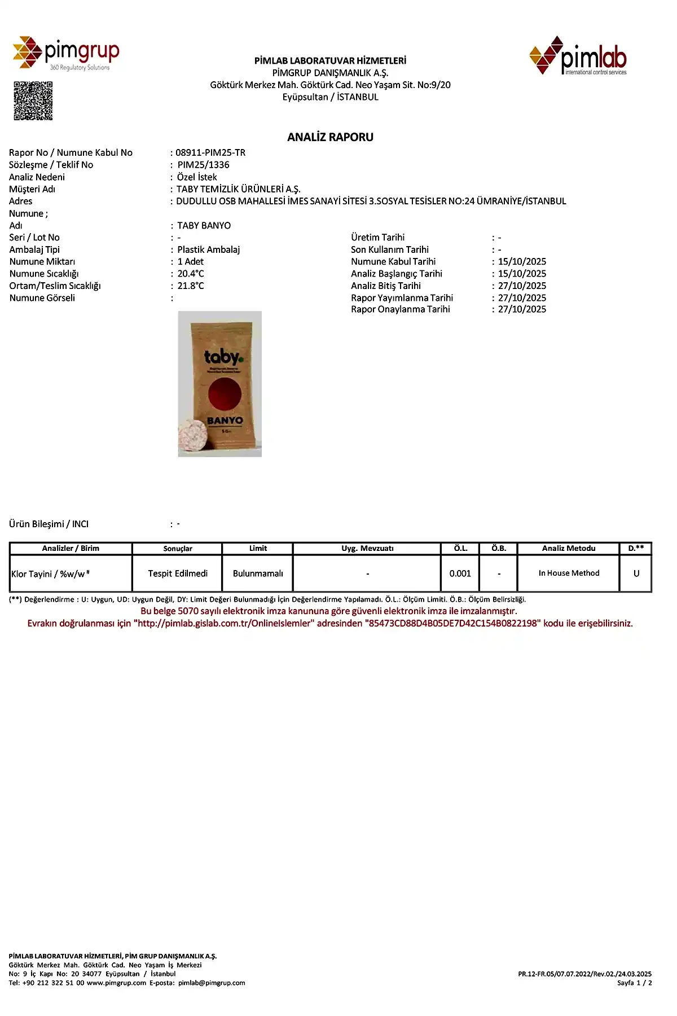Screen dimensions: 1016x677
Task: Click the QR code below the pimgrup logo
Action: tap(33, 101)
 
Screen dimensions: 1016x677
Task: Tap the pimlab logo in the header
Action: tap(578, 55)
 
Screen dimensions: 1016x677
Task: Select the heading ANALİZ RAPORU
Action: tap(330, 137)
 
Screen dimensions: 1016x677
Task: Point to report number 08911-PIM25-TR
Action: tap(210, 152)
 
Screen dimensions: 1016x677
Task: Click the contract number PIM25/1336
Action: tap(203, 165)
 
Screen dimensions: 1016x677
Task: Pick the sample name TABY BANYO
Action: tap(204, 226)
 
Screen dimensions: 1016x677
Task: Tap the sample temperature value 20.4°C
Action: tap(191, 274)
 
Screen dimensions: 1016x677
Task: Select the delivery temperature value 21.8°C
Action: tap(191, 286)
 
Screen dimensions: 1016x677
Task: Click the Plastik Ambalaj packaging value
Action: tap(208, 249)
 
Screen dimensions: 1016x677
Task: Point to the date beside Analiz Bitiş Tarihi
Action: tap(522, 286)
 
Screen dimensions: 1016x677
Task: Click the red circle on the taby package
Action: tap(225, 395)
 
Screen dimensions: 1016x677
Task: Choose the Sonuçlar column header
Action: tap(178, 549)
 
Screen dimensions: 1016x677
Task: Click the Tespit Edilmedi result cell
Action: tap(178, 573)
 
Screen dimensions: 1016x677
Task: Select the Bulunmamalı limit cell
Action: tap(258, 573)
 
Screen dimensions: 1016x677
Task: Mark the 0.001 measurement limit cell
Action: tap(460, 573)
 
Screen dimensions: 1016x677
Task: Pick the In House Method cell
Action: tap(569, 573)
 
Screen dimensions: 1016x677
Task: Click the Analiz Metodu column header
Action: tap(569, 549)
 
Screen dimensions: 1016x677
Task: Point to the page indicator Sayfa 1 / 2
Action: tap(635, 983)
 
